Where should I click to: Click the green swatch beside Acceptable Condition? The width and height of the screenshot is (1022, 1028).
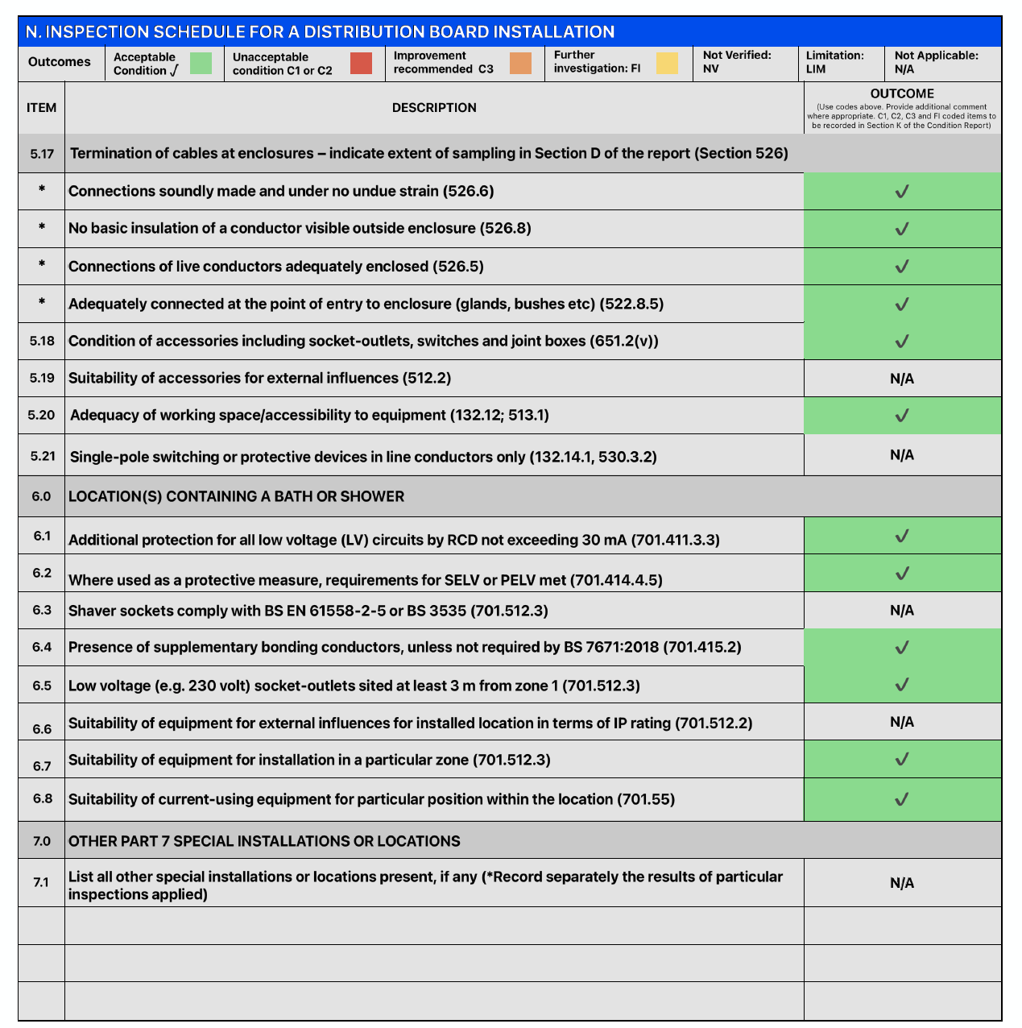pos(201,63)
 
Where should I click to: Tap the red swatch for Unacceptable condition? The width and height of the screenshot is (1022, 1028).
pos(362,63)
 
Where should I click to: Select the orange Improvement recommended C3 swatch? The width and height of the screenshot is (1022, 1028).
pos(520,63)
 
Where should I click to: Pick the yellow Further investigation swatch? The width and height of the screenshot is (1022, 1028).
pos(667,63)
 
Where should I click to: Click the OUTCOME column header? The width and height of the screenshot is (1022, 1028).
pos(902,94)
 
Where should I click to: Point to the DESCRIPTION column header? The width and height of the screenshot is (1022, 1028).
pos(434,108)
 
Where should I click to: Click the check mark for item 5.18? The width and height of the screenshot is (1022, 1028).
pos(902,342)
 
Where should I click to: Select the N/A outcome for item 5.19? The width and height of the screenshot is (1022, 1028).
pos(902,379)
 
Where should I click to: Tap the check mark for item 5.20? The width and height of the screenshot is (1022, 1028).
pos(902,416)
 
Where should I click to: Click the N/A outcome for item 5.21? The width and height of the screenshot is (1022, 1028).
pos(902,455)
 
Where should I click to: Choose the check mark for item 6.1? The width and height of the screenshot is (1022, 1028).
pos(902,537)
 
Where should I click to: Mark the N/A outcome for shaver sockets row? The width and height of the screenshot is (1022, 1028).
pos(902,611)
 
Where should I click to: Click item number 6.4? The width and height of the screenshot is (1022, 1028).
pos(42,647)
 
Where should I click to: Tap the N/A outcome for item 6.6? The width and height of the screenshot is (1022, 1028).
pos(902,723)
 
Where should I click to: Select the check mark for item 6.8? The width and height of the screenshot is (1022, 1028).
pos(902,800)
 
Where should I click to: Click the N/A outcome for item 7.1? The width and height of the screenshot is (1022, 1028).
pos(902,884)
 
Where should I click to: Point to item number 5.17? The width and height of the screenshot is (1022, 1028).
pos(42,154)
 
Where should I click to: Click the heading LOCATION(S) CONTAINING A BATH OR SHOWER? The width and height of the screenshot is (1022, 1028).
pos(236,497)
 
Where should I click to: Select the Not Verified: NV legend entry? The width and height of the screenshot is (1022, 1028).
pos(736,62)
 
